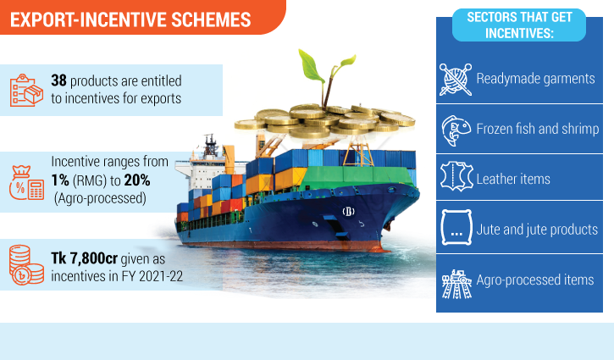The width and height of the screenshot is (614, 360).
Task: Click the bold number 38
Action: point(58,80)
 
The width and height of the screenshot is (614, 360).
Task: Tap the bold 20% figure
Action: point(137,180)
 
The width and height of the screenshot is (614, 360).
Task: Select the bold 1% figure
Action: point(60,180)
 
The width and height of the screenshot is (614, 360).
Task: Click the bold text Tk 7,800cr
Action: point(84,258)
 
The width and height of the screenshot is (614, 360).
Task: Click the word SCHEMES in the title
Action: point(211,20)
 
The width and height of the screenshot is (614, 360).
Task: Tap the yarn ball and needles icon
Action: point(456,80)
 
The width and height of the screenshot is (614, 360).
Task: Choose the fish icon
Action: point(456,130)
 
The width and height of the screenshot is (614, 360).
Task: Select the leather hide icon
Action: point(456,177)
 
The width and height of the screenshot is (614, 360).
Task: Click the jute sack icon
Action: point(456,227)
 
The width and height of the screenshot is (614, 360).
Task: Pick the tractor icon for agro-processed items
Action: point(456,284)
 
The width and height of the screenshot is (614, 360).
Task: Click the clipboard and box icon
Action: point(26,90)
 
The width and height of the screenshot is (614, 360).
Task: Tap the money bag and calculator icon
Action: point(26,183)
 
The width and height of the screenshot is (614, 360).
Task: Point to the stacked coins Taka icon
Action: point(26,265)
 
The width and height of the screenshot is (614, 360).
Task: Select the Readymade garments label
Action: point(535,79)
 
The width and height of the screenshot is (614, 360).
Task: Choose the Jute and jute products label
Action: point(537,230)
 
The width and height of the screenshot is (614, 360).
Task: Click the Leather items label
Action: point(513,179)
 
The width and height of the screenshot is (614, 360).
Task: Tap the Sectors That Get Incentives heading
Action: point(519,25)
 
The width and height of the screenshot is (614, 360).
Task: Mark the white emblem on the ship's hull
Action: point(348,212)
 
